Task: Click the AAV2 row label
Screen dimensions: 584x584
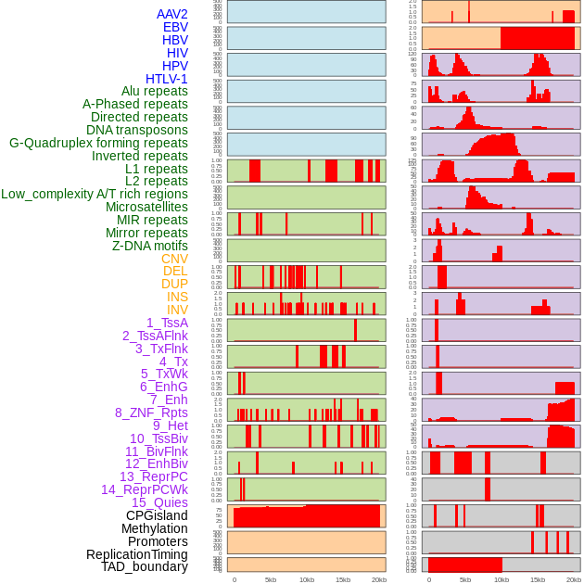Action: pos(171,14)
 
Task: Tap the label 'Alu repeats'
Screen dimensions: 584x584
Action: pos(154,91)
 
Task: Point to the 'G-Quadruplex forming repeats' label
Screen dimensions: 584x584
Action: pos(98,143)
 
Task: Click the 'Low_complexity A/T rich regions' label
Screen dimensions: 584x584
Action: pos(95,194)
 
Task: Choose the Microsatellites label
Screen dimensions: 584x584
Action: pos(146,207)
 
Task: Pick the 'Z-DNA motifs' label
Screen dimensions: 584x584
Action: pos(149,246)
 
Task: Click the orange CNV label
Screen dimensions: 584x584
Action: pos(174,259)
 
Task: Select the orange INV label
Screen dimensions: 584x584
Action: pos(177,310)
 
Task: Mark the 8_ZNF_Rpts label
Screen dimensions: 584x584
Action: pos(151,413)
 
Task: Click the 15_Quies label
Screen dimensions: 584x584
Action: pos(159,502)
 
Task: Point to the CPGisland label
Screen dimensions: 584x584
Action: pos(157,515)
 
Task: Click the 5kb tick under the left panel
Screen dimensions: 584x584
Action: pos(271,579)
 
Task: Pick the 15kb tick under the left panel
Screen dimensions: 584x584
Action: pos(343,579)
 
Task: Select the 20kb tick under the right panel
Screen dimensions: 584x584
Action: pos(574,579)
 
